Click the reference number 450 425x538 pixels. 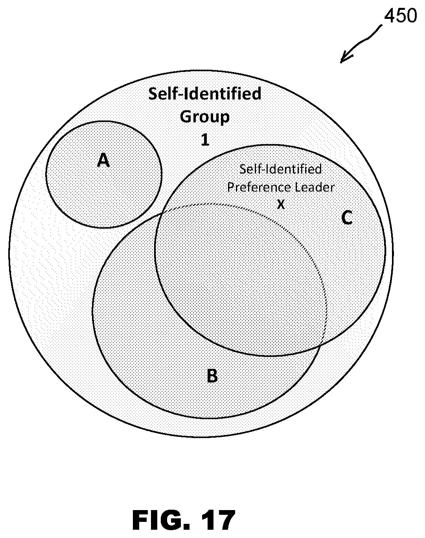401,15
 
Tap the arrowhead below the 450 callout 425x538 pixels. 346,58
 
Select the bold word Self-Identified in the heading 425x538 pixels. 205,94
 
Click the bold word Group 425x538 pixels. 205,117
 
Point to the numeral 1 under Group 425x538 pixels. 205,140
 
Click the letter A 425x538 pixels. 103,160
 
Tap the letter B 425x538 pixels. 212,376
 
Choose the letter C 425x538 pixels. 347,218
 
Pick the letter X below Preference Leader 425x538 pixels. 281,204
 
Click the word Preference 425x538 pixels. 259,188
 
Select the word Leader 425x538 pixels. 314,188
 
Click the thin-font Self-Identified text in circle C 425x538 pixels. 281,169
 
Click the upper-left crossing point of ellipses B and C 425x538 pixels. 162,213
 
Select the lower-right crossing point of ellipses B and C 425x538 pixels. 321,345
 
